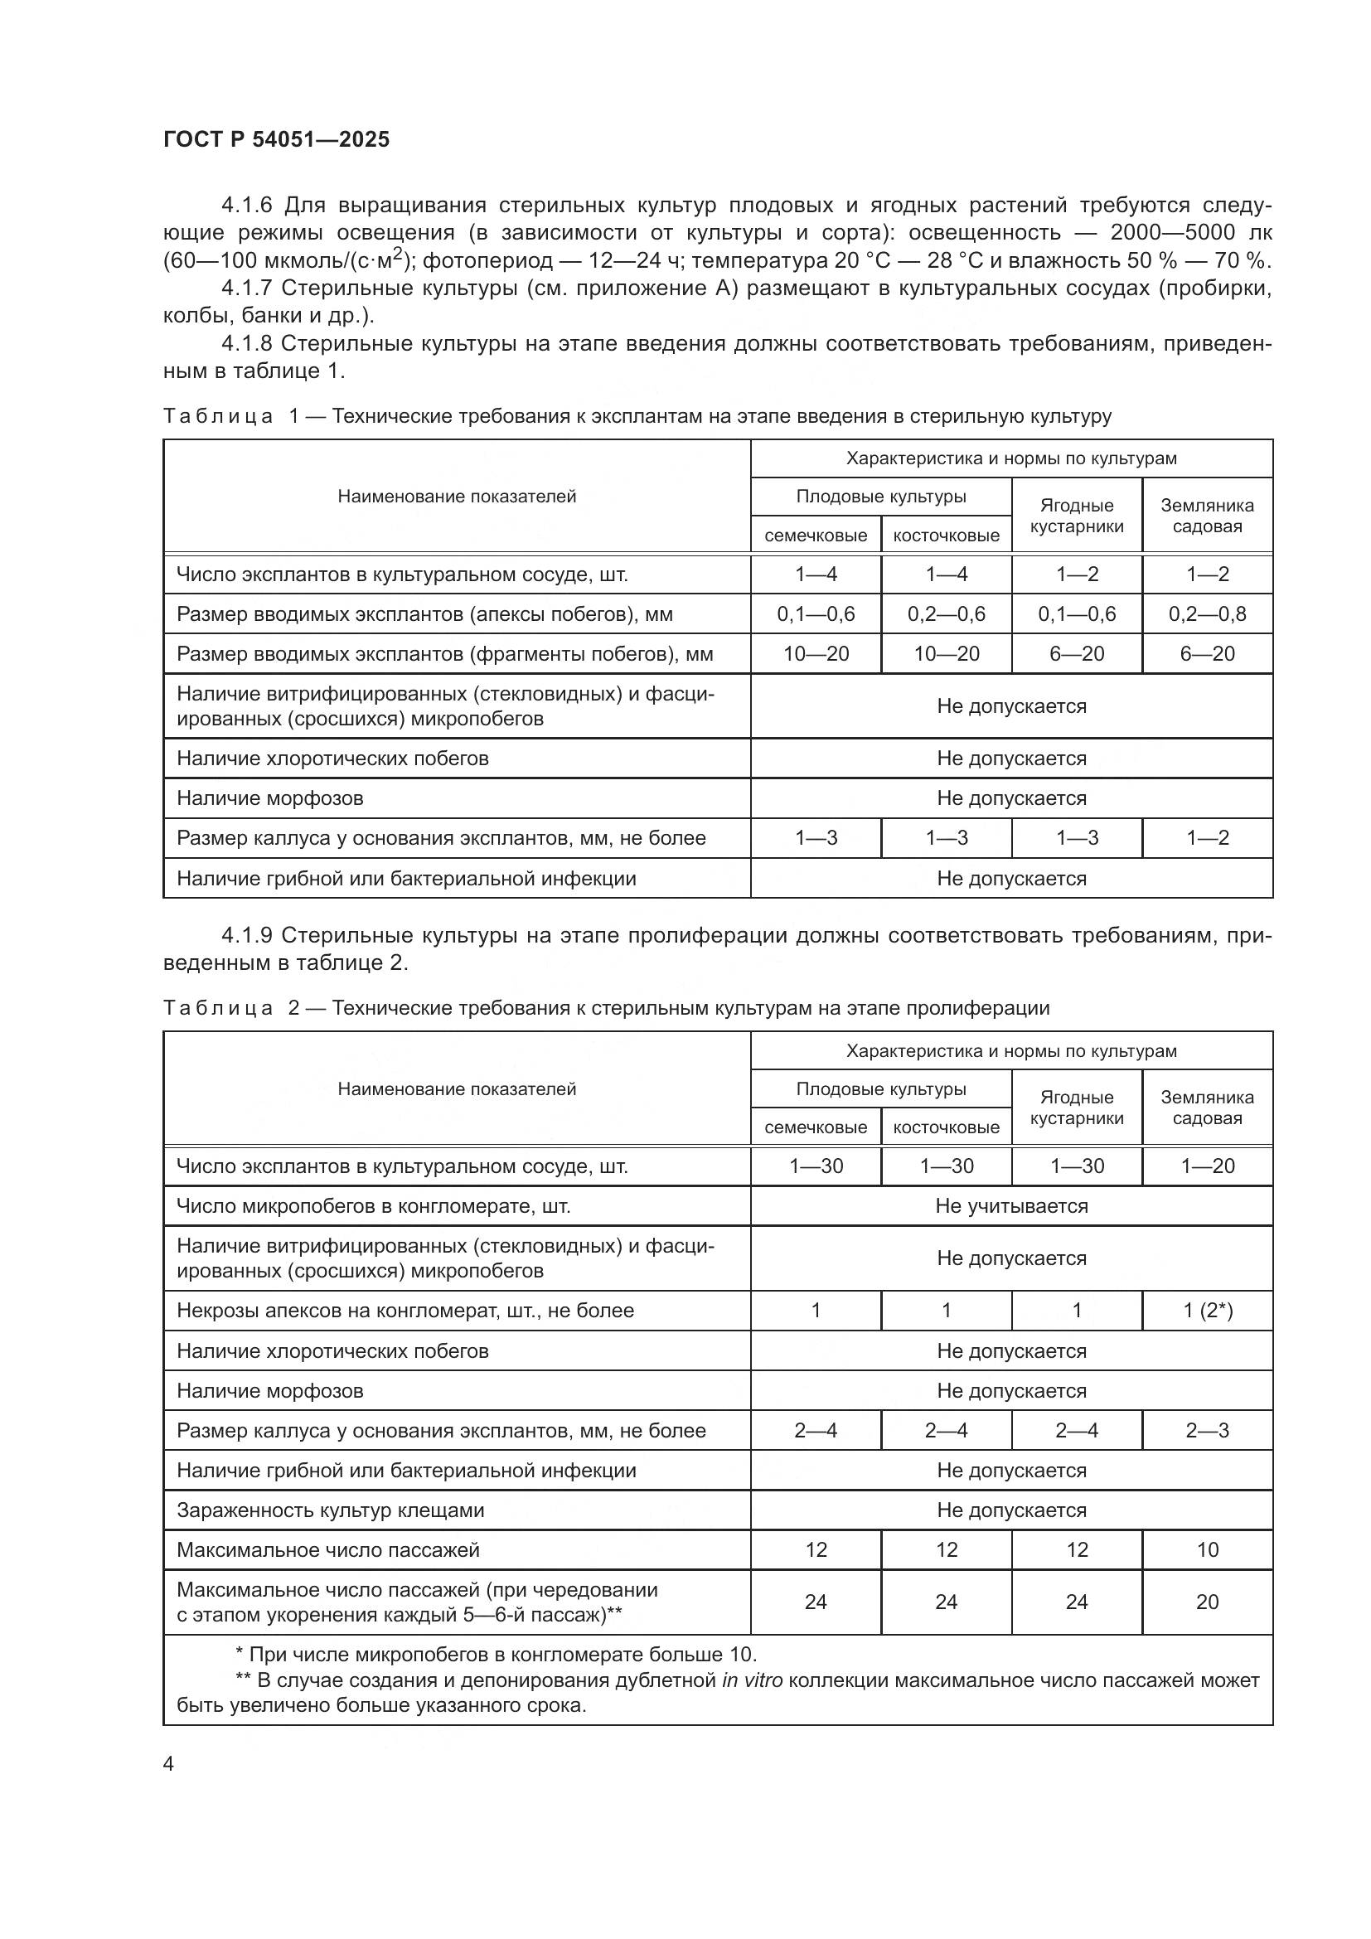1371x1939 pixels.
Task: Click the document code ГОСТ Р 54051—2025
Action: pos(276,140)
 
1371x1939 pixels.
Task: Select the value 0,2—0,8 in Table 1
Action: pos(1206,614)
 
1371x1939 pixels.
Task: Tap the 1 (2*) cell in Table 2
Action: pos(1206,1311)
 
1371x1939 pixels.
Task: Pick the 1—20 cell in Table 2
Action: pos(1206,1166)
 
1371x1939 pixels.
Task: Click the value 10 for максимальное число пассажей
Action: pos(1207,1549)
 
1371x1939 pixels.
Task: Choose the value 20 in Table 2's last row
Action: pos(1207,1602)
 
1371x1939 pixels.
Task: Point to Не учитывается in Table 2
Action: pos(1010,1206)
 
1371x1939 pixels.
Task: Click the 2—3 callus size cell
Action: pos(1206,1431)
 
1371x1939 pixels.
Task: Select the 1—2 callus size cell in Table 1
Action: pos(1206,838)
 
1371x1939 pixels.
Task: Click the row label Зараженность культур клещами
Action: pos(330,1510)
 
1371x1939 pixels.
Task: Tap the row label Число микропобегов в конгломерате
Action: pos(373,1206)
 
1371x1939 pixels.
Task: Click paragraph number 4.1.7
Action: pos(245,288)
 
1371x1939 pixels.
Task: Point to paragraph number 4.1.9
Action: pos(245,936)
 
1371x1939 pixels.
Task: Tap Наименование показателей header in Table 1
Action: pos(457,497)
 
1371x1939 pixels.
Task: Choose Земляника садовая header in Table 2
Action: pos(1206,1108)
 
